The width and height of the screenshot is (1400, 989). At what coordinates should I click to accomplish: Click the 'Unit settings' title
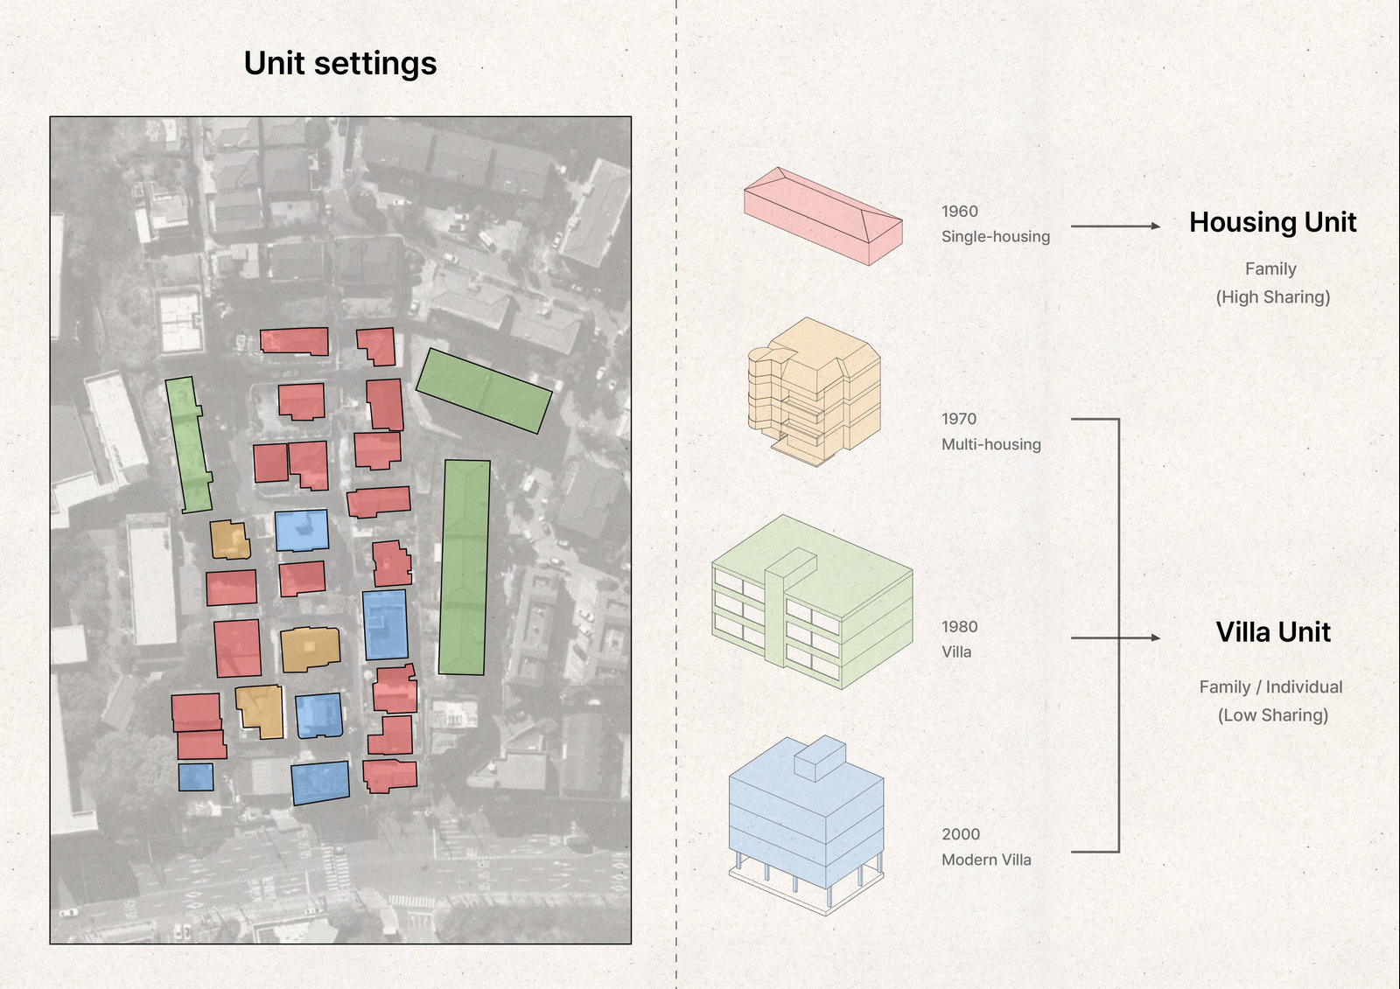pyautogui.click(x=340, y=64)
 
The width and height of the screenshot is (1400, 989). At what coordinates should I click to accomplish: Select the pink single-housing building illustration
pyautogui.click(x=822, y=216)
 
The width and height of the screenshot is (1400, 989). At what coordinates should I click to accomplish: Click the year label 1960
pyautogui.click(x=960, y=212)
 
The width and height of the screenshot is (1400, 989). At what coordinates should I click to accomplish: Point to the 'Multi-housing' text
pyautogui.click(x=991, y=444)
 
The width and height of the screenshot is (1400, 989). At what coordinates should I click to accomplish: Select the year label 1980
pyautogui.click(x=960, y=627)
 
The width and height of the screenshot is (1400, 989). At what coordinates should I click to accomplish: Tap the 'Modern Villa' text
pyautogui.click(x=986, y=860)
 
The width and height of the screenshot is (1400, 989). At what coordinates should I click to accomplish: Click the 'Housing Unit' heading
pyautogui.click(x=1272, y=223)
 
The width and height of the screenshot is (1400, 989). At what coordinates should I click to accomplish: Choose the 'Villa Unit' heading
pyautogui.click(x=1273, y=632)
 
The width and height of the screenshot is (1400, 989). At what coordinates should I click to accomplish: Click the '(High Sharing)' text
pyautogui.click(x=1273, y=297)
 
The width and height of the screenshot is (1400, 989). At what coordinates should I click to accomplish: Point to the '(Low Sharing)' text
pyautogui.click(x=1273, y=715)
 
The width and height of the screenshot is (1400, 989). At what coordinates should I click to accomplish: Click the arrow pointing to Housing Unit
pyautogui.click(x=1116, y=226)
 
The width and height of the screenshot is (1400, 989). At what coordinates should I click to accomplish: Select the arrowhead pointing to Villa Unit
pyautogui.click(x=1155, y=638)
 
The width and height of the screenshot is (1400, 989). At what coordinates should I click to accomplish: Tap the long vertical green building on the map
pyautogui.click(x=464, y=568)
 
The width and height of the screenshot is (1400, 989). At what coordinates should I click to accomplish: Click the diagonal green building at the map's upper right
pyautogui.click(x=484, y=391)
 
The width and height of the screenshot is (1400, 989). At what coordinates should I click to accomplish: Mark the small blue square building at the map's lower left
pyautogui.click(x=196, y=777)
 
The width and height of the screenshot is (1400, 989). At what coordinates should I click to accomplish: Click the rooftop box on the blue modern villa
pyautogui.click(x=820, y=757)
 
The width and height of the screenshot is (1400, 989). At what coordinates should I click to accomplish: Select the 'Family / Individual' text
pyautogui.click(x=1270, y=687)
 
